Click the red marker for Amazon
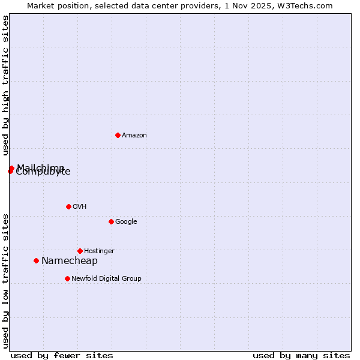tap(118, 135)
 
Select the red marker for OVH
tap(68, 206)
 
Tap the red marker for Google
tap(111, 221)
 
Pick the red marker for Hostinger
tap(80, 251)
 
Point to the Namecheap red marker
tap(37, 260)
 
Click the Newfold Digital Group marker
tap(67, 278)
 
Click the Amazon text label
tap(134, 136)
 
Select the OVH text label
tap(80, 207)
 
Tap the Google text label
tap(126, 222)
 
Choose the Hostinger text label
tap(99, 251)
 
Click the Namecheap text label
tap(70, 261)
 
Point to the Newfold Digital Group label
tap(106, 279)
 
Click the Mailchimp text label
tap(41, 167)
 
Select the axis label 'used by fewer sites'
tap(62, 356)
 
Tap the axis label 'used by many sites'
tap(301, 356)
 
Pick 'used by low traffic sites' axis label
tap(5, 281)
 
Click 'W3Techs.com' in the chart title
tap(307, 6)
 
